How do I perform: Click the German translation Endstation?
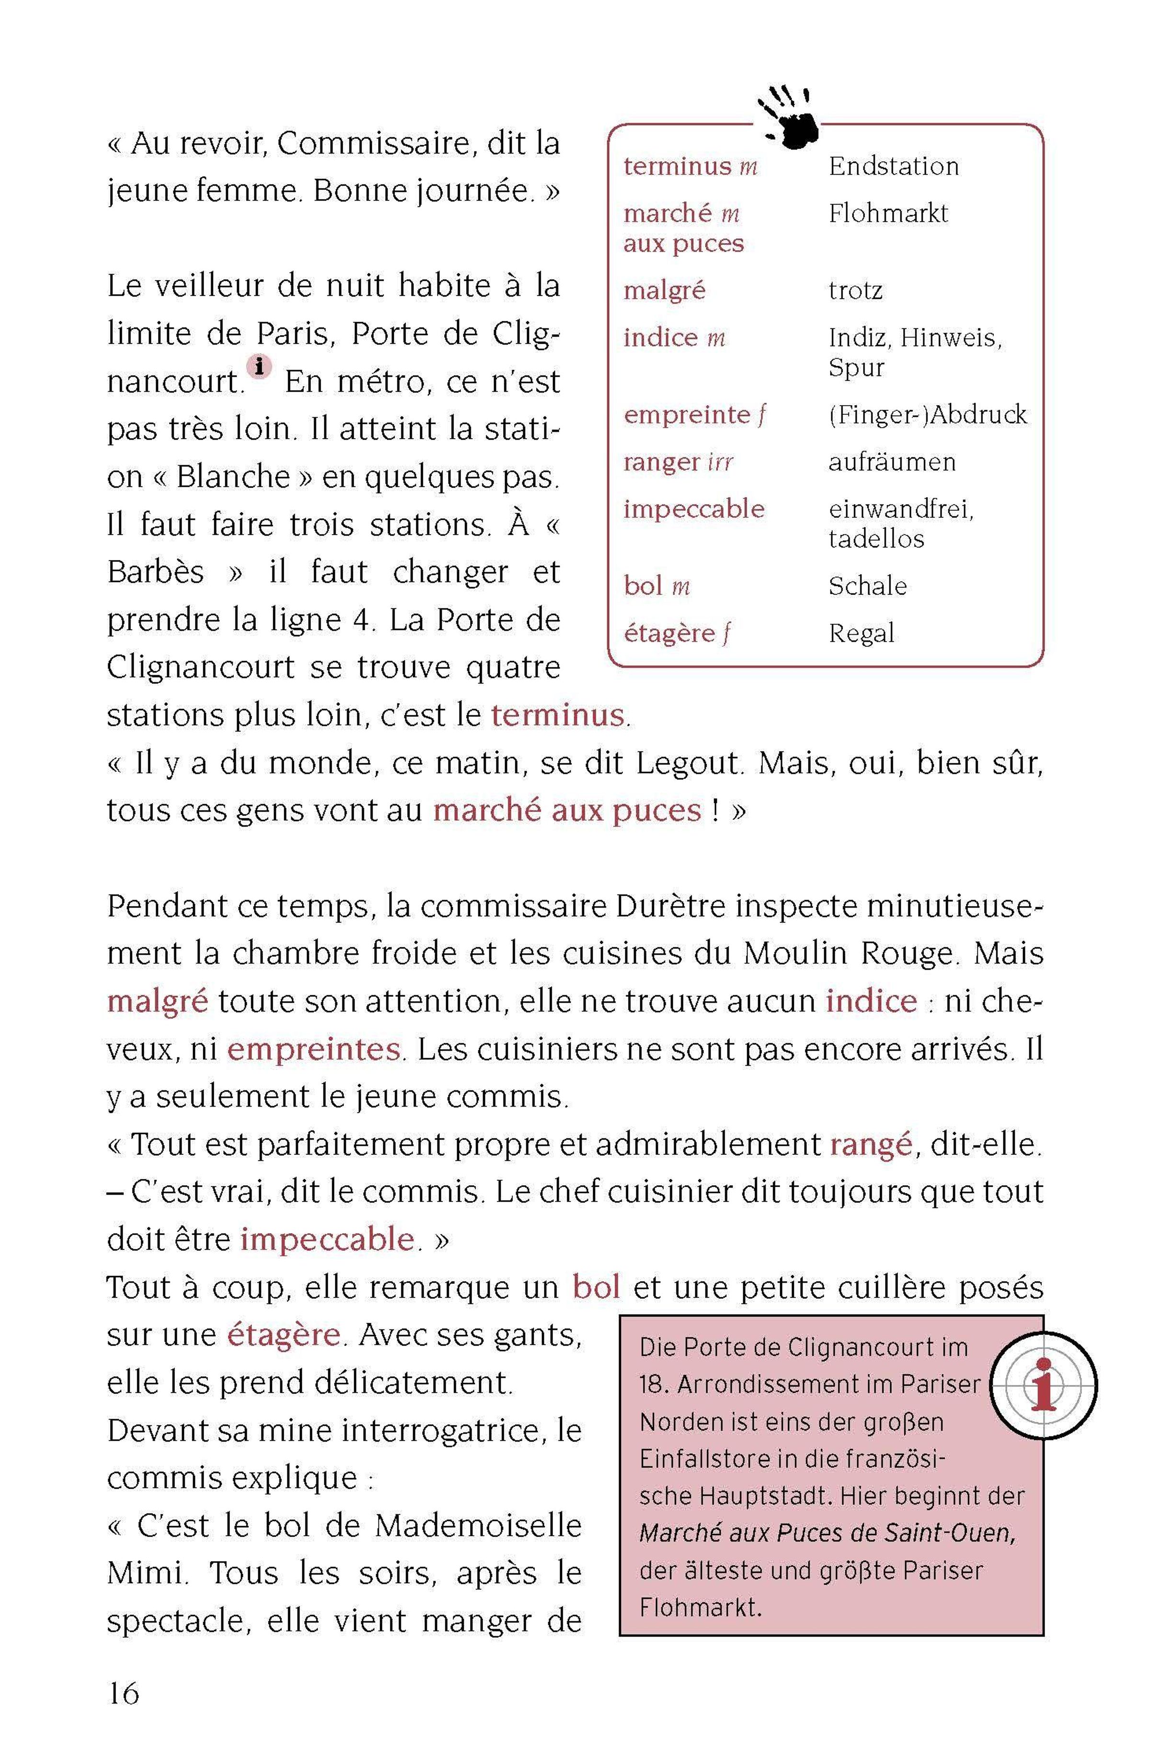[893, 166]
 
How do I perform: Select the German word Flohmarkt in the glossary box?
[887, 214]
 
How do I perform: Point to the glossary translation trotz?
[855, 291]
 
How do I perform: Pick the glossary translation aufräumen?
[891, 462]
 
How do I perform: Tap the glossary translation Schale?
[867, 586]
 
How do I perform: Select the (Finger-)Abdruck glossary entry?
[927, 415]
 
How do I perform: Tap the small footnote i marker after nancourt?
[259, 366]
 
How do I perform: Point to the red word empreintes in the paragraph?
[313, 1049]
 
